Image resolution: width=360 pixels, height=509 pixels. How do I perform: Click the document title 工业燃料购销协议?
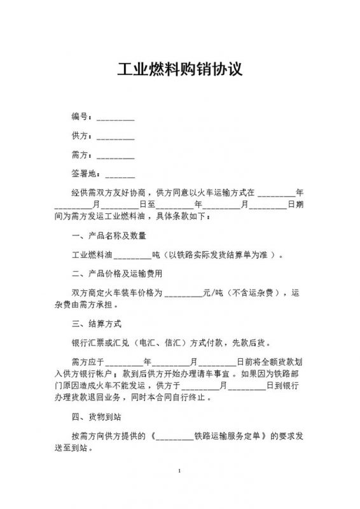pyautogui.click(x=180, y=69)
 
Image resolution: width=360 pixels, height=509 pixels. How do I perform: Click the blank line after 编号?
pyautogui.click(x=115, y=118)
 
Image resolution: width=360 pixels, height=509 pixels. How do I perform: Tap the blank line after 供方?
pyautogui.click(x=115, y=137)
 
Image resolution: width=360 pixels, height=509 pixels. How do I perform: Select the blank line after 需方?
pyautogui.click(x=115, y=155)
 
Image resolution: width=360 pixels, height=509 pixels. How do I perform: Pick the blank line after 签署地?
pyautogui.click(x=119, y=174)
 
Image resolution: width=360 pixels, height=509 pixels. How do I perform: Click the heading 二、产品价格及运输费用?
pyautogui.click(x=118, y=274)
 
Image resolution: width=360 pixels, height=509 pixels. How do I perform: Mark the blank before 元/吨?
pyautogui.click(x=183, y=294)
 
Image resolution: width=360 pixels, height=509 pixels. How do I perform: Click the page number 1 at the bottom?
pyautogui.click(x=180, y=471)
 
